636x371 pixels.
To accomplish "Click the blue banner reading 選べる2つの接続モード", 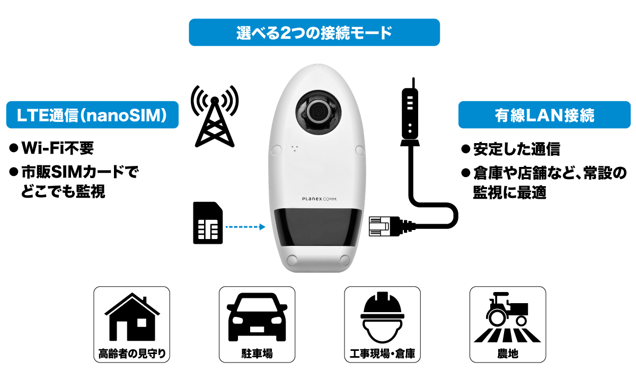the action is coord(314,32).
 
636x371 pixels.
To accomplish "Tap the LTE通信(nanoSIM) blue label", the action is coord(92,114).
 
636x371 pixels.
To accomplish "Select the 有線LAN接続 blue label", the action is coord(544,114).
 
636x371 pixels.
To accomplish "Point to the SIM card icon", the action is coord(208,223).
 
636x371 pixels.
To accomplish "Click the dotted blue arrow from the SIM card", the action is coord(245,227).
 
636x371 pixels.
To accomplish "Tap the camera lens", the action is coord(318,112).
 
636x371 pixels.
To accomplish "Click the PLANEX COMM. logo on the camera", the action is coord(320,199).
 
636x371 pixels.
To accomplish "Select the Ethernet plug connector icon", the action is coord(392,226).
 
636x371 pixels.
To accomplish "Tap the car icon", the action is coord(257,317).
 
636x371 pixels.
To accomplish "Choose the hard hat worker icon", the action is coord(382,317).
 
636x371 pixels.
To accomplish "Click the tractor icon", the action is coord(507,317).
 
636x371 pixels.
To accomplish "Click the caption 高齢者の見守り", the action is coord(132,354).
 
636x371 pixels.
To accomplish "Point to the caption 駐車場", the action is coord(257,354).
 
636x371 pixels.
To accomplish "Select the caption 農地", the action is coord(508,354).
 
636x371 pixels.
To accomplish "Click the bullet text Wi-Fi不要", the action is coord(57,148).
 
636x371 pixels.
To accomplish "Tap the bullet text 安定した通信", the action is coord(516,149).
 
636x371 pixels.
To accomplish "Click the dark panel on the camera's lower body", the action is coord(317,227).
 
